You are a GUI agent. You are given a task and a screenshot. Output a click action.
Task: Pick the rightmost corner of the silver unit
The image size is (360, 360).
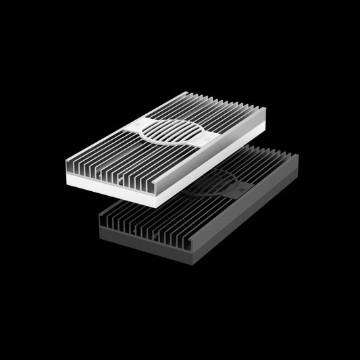pyautogui.click(x=265, y=111)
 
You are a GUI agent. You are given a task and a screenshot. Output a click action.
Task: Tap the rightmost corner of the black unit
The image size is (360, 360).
pyautogui.click(x=298, y=157)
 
